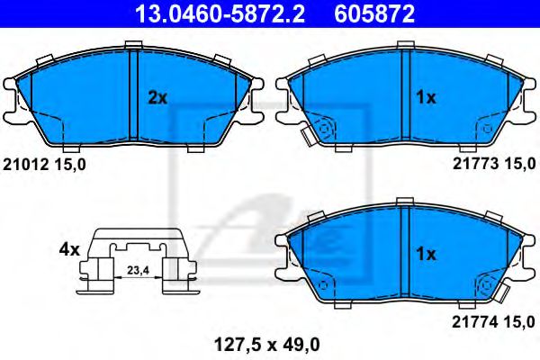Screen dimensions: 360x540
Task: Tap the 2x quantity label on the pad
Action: point(157,98)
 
